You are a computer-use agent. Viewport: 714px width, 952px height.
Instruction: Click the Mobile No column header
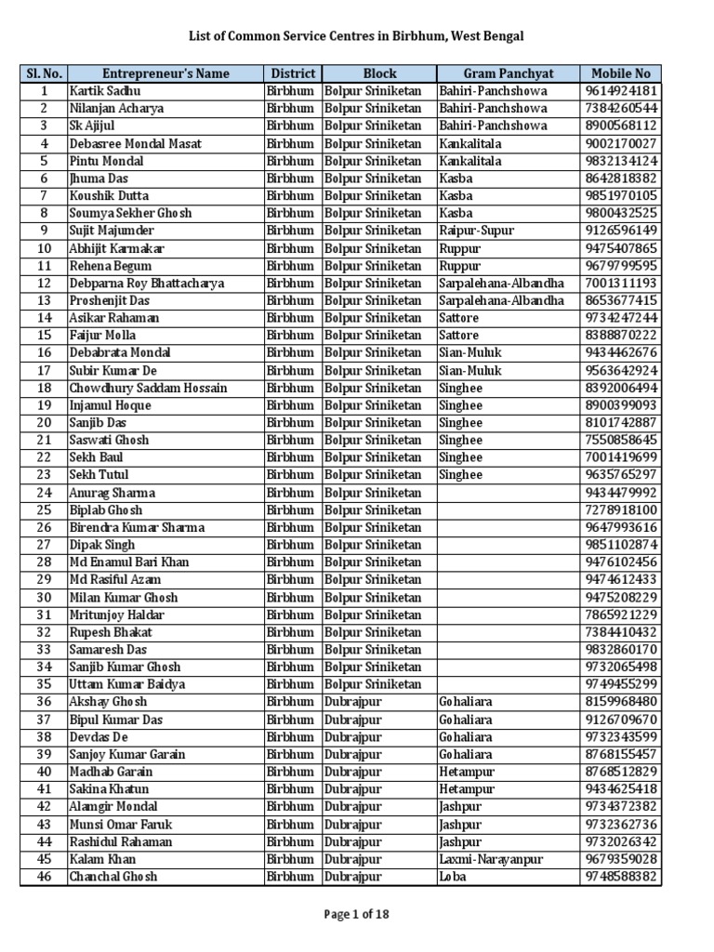click(620, 73)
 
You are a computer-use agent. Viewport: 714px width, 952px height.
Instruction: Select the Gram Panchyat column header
click(508, 73)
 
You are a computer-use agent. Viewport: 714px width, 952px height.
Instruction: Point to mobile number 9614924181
click(621, 91)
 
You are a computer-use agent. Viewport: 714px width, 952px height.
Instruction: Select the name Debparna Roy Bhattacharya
click(146, 284)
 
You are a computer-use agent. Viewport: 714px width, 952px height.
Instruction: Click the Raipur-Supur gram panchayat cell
click(476, 231)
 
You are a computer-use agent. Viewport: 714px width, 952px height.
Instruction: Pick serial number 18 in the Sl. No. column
click(44, 388)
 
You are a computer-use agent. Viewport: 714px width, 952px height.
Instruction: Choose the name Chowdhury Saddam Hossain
click(148, 388)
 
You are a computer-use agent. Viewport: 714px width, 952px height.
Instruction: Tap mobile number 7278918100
click(621, 510)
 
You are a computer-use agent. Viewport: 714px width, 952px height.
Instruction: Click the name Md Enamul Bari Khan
click(128, 562)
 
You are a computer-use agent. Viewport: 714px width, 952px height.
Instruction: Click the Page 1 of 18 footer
click(357, 914)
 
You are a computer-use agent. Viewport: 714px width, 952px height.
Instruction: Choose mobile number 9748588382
click(621, 877)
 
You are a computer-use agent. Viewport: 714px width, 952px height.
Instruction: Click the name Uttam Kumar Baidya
click(126, 684)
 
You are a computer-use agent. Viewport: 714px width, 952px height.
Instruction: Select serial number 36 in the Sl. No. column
click(44, 702)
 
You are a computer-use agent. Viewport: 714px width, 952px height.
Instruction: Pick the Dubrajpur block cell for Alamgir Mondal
click(352, 807)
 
